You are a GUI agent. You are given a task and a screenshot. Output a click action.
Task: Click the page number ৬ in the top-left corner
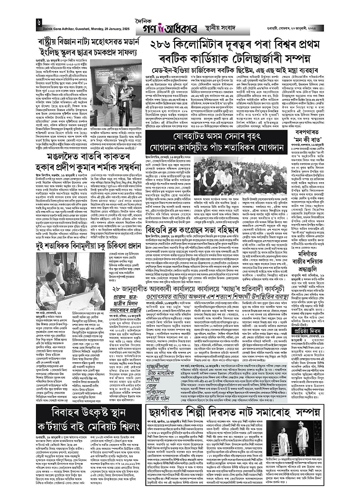[x=40, y=22]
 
